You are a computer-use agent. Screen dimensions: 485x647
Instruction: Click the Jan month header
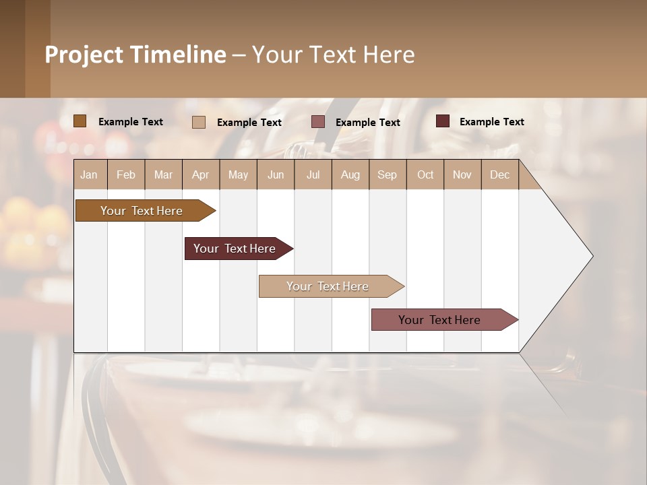click(89, 174)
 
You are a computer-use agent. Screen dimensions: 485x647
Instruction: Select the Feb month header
click(126, 174)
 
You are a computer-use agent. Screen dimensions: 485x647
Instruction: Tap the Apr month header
click(200, 174)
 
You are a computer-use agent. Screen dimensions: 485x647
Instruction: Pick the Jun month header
click(276, 174)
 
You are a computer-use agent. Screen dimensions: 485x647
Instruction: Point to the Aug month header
click(350, 174)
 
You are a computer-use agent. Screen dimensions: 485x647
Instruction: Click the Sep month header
click(387, 174)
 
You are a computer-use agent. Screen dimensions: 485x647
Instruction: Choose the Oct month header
click(425, 174)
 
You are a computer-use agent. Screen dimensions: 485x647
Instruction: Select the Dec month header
click(499, 174)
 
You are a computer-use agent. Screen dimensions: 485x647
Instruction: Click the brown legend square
click(80, 121)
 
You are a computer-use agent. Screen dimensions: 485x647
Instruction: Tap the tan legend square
click(199, 122)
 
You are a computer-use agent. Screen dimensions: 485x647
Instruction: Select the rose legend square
click(318, 122)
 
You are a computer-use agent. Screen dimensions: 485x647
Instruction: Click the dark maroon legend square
click(442, 121)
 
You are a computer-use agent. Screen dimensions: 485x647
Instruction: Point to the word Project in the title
click(84, 55)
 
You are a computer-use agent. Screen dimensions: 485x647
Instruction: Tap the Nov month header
click(462, 174)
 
